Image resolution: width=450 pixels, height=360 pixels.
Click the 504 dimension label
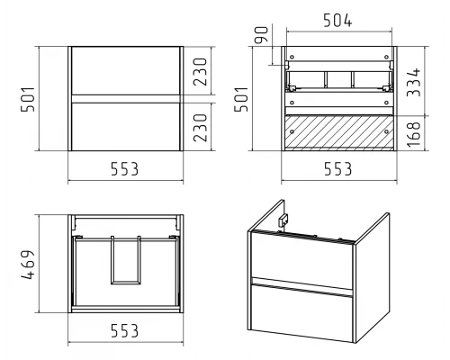click(337, 21)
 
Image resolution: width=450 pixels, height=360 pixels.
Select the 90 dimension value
click(261, 34)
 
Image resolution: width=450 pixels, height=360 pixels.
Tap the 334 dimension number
click(414, 83)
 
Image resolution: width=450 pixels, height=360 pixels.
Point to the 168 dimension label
click(414, 134)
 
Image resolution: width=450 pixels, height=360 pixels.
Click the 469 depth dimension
click(28, 265)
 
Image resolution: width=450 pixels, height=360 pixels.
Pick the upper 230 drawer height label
click(200, 72)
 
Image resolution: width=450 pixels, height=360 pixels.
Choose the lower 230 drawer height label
click(200, 128)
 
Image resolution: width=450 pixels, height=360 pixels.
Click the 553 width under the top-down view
click(125, 330)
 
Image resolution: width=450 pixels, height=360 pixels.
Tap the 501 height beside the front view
click(28, 99)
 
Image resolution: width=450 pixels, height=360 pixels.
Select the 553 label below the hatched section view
click(338, 169)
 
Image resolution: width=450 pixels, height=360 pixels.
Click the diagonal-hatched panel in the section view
click(339, 132)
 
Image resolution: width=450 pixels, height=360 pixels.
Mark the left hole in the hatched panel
click(292, 131)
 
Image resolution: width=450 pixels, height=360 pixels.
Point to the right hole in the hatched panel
click(386, 131)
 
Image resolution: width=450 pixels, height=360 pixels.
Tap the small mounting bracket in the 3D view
click(283, 220)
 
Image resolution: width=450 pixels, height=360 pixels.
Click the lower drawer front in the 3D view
click(301, 312)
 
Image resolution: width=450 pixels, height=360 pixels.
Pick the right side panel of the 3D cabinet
click(373, 277)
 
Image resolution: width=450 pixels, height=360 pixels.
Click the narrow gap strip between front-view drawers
click(126, 99)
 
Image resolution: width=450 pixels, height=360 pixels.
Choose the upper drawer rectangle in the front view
click(126, 71)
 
